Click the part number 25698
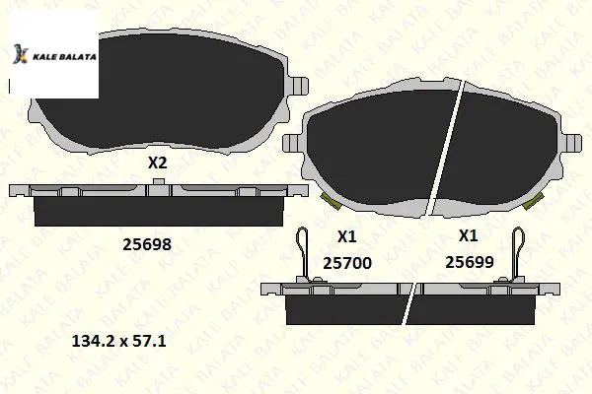click(x=146, y=244)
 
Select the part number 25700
click(x=347, y=263)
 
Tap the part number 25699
click(x=470, y=262)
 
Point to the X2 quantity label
click(x=157, y=164)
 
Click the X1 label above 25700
click(x=346, y=236)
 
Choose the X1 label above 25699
click(x=468, y=236)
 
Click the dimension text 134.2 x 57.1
click(x=118, y=342)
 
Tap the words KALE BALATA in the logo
click(x=64, y=57)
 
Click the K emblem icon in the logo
click(x=21, y=54)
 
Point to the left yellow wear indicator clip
click(x=330, y=201)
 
